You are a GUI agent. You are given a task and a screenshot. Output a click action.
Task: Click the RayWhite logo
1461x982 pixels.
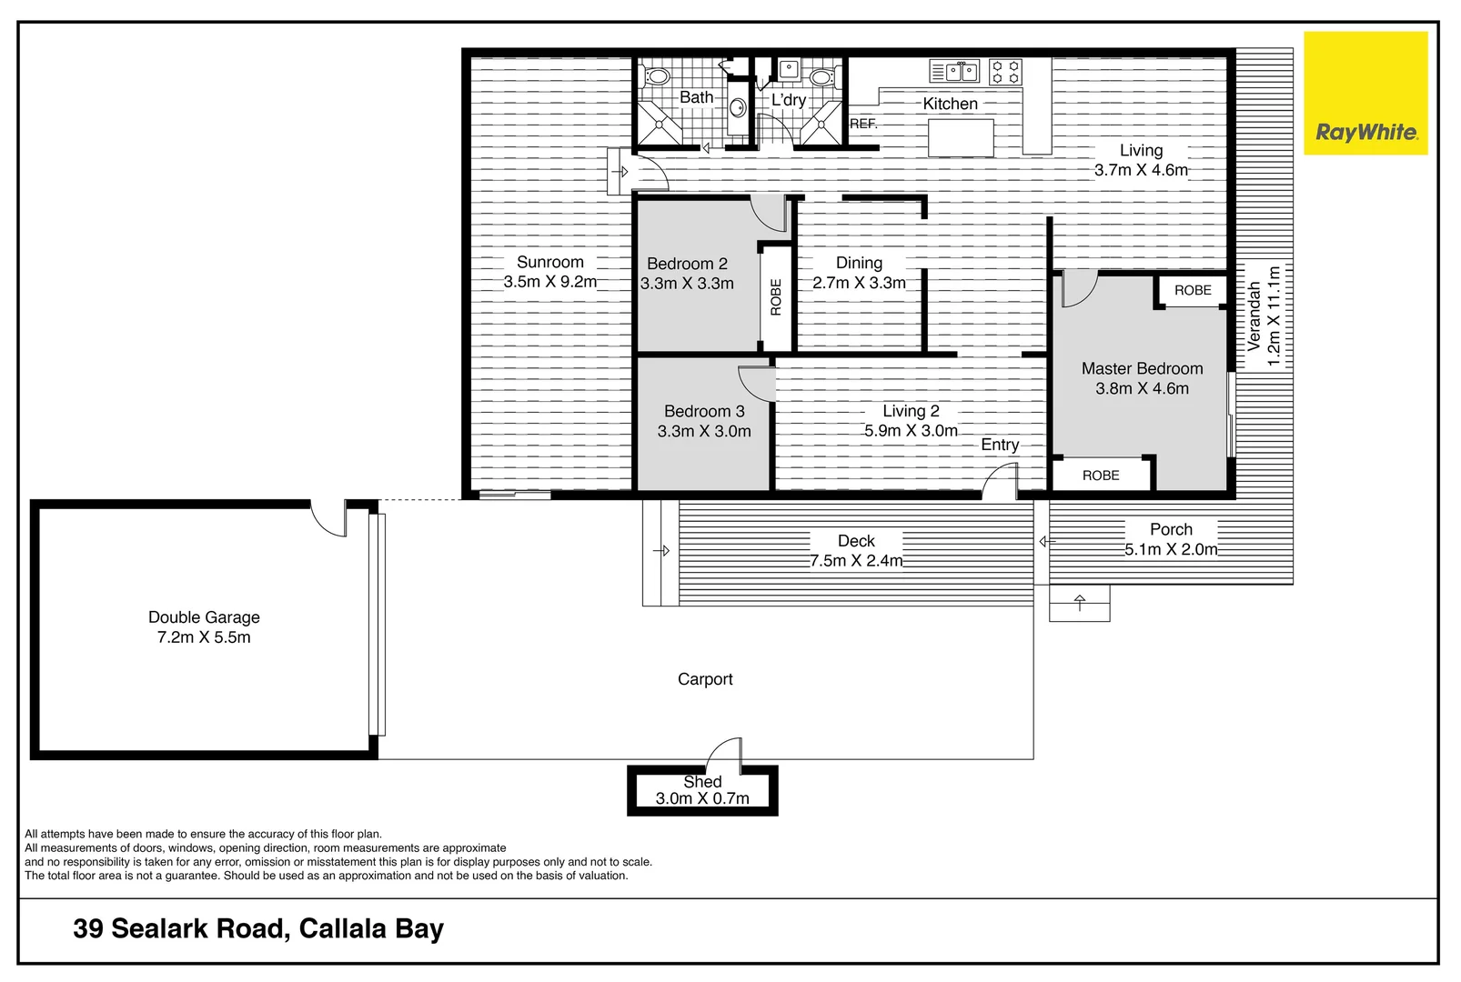1365,94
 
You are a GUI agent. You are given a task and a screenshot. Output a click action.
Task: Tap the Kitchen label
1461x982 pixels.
950,104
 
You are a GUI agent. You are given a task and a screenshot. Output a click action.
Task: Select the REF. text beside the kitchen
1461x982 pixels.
863,124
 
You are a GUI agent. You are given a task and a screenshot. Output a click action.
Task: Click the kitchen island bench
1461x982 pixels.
961,138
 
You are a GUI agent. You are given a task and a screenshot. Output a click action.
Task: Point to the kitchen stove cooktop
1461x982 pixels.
1005,72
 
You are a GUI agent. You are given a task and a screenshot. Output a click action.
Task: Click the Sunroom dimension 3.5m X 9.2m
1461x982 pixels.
550,282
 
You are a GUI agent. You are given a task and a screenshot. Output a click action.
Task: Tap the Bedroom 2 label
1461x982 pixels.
687,264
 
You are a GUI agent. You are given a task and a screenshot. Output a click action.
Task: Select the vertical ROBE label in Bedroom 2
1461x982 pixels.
776,297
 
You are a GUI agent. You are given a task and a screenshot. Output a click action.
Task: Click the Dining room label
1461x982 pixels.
859,263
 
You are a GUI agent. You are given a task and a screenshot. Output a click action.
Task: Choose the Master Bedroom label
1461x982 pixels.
1142,368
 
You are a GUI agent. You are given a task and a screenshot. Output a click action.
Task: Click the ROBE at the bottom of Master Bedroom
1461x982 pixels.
1101,476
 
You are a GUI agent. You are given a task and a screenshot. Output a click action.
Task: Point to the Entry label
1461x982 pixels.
1000,445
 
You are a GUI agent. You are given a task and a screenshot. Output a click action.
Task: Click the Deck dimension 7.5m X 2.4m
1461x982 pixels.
856,561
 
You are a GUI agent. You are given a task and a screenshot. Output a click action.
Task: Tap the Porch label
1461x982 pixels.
1171,529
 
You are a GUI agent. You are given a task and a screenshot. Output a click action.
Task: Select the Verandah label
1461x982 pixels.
1254,316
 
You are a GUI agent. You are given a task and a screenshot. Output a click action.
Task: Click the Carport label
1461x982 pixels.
705,679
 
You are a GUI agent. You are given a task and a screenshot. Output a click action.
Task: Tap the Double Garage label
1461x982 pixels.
204,617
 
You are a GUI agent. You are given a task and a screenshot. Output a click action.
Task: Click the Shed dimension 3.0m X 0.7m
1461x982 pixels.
702,798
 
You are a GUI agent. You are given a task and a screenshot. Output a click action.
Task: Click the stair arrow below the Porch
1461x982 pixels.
1080,603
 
